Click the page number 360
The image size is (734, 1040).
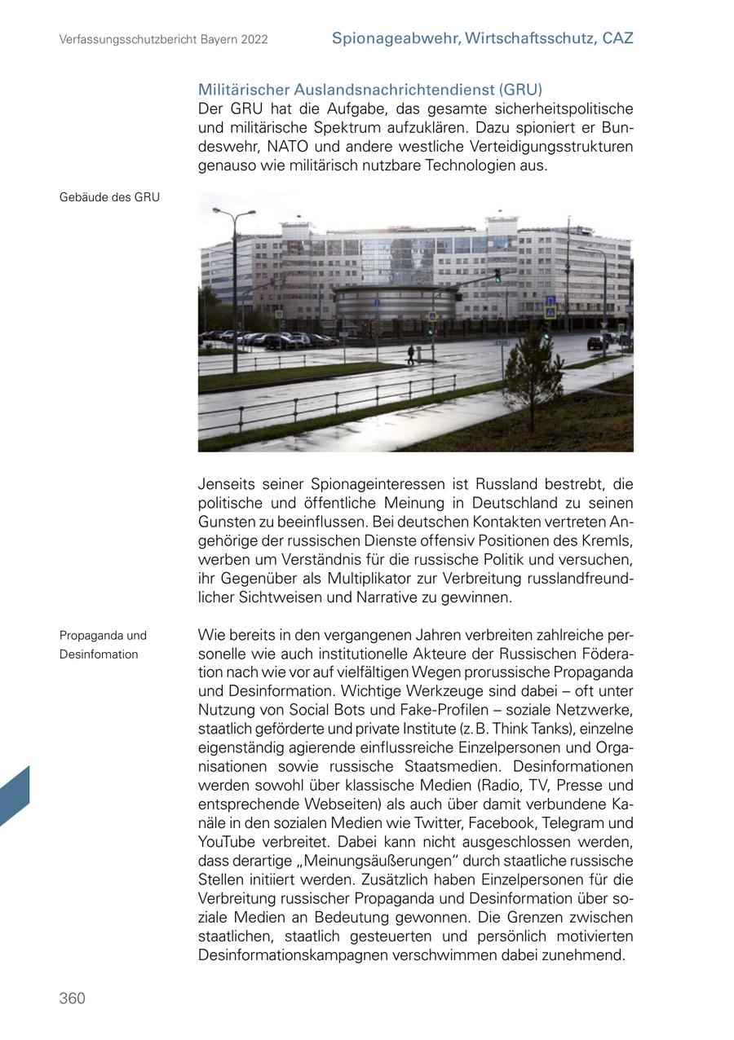click(72, 998)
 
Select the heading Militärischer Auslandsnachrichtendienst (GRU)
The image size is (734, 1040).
click(369, 90)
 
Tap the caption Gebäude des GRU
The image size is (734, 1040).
click(109, 197)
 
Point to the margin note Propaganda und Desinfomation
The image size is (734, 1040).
click(103, 645)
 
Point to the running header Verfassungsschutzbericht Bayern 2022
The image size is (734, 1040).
click(163, 39)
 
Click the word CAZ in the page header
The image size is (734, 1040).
click(617, 37)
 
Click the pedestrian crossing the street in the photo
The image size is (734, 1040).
click(410, 354)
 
